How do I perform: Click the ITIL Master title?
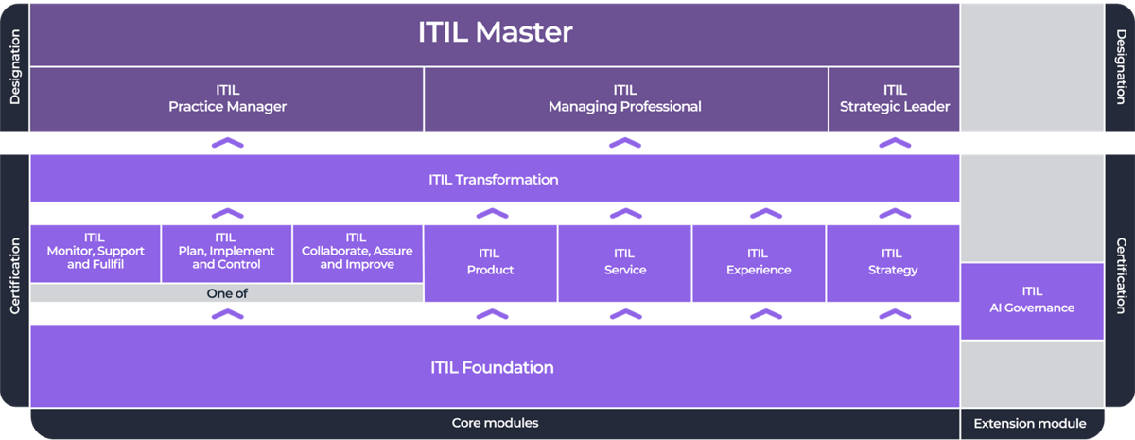pyautogui.click(x=495, y=32)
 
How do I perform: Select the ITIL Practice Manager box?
pyautogui.click(x=227, y=99)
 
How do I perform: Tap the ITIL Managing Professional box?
pyautogui.click(x=625, y=99)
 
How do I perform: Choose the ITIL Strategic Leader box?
pyautogui.click(x=894, y=99)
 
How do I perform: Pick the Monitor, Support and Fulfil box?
pyautogui.click(x=96, y=252)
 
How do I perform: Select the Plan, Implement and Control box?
pyautogui.click(x=226, y=252)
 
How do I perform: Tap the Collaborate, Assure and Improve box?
pyautogui.click(x=358, y=252)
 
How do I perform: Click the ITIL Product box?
pyautogui.click(x=490, y=262)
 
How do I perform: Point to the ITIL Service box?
pyautogui.click(x=624, y=262)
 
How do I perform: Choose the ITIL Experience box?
pyautogui.click(x=759, y=262)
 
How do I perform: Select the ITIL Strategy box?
pyautogui.click(x=892, y=262)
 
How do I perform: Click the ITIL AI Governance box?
pyautogui.click(x=1032, y=300)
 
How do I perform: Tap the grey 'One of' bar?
pyautogui.click(x=227, y=293)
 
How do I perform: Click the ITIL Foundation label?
pyautogui.click(x=492, y=367)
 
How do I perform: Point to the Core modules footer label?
pyautogui.click(x=495, y=423)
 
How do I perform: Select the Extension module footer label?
pyautogui.click(x=1030, y=423)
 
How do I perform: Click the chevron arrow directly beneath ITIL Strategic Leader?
pyautogui.click(x=894, y=143)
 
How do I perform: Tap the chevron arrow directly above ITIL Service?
pyautogui.click(x=624, y=213)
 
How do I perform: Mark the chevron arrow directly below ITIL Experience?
pyautogui.click(x=759, y=313)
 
